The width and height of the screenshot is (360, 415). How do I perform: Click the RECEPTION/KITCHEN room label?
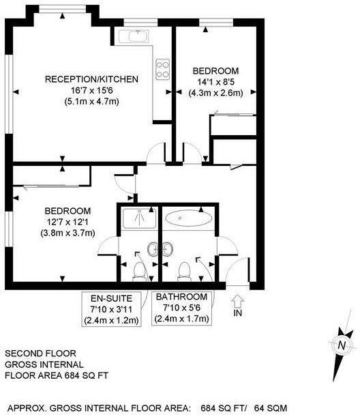click(91, 79)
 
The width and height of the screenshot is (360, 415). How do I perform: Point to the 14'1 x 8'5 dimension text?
click(215, 83)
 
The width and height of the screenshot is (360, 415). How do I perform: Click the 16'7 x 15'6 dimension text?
click(91, 91)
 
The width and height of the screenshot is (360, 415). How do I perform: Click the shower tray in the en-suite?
click(138, 219)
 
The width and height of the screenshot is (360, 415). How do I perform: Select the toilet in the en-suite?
click(138, 271)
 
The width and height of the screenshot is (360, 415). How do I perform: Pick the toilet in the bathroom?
click(183, 271)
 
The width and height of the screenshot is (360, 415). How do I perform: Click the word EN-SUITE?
click(112, 298)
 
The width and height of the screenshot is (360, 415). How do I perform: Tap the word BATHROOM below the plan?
click(181, 297)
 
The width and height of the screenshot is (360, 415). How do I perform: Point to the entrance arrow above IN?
click(237, 300)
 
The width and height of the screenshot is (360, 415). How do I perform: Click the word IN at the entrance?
click(237, 313)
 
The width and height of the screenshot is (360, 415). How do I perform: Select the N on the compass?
click(340, 346)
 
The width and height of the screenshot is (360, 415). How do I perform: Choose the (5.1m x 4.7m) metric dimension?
click(91, 102)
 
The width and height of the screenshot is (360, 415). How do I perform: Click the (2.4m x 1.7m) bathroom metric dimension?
click(181, 319)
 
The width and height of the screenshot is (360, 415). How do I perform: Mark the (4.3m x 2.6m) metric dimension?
click(215, 94)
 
